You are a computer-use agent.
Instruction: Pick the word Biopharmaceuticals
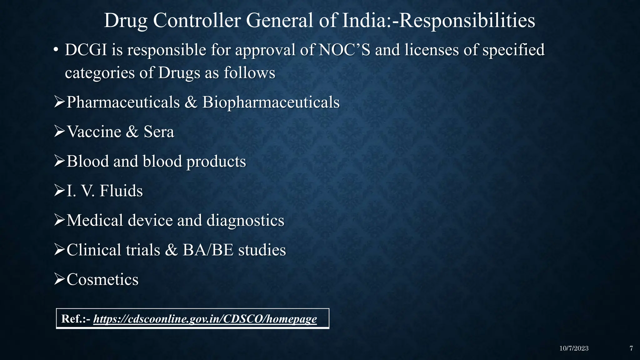click(x=271, y=102)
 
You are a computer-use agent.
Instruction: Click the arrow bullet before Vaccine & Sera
click(x=59, y=132)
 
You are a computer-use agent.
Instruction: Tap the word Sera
click(x=159, y=132)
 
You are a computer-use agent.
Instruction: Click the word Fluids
click(x=121, y=191)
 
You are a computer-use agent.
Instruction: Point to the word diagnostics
click(x=245, y=220)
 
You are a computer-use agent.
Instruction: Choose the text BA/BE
click(x=208, y=250)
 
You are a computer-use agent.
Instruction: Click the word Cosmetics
click(x=102, y=279)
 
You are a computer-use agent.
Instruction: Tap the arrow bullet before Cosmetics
click(x=59, y=279)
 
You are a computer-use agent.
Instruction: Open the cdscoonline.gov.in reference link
click(x=205, y=319)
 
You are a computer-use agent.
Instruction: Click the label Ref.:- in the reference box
click(x=76, y=319)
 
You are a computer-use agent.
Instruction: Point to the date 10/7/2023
click(x=574, y=348)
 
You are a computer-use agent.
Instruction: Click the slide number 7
click(x=631, y=348)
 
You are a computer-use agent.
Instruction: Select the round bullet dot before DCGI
click(x=56, y=50)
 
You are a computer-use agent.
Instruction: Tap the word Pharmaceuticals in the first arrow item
click(x=123, y=102)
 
